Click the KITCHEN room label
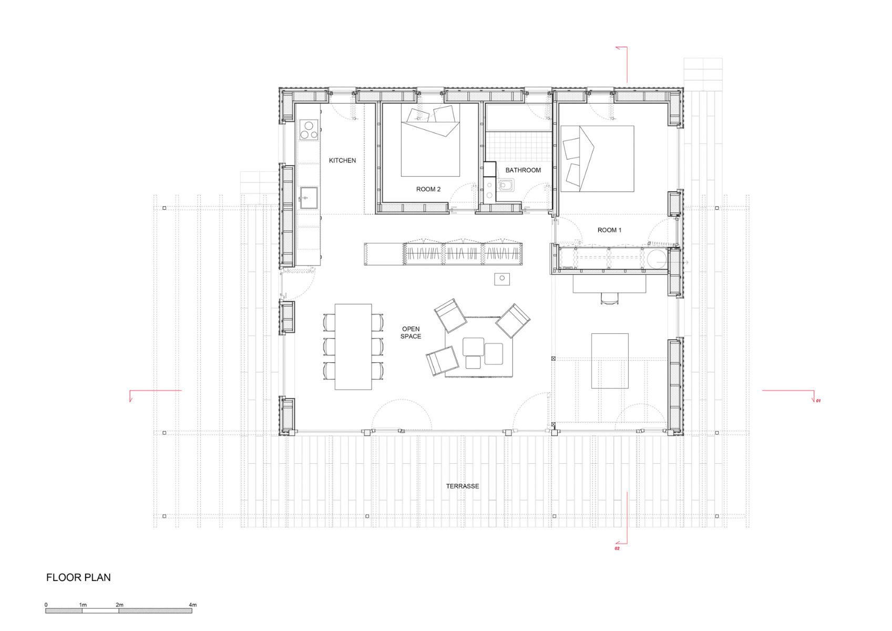(x=342, y=160)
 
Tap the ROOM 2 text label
(x=428, y=189)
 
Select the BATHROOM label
(x=522, y=170)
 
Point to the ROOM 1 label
(x=609, y=230)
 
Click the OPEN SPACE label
(x=411, y=333)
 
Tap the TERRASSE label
(x=462, y=486)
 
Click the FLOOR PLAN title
(x=78, y=577)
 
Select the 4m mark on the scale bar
(x=192, y=605)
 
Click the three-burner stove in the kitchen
(x=309, y=130)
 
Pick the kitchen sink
(x=309, y=198)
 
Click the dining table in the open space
(x=353, y=347)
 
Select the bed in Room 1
(x=597, y=158)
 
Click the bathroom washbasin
(x=506, y=185)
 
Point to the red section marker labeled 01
(x=818, y=401)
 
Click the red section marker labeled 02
(x=617, y=548)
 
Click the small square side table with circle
(x=502, y=279)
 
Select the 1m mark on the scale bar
(x=83, y=605)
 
